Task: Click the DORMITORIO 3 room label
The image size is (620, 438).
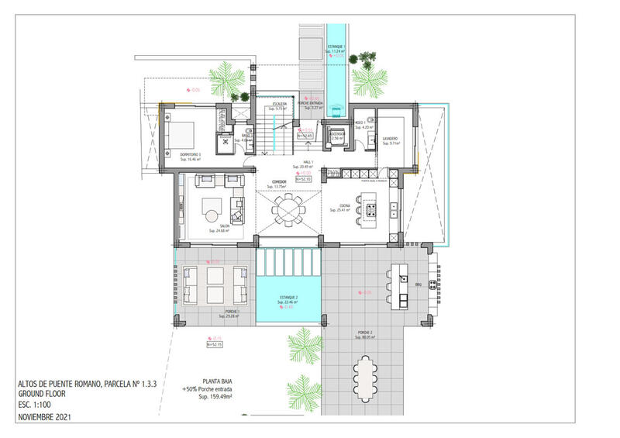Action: [x=190, y=154]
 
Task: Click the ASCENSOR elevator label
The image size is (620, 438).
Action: [x=336, y=133]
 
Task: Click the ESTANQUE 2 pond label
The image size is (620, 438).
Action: [x=288, y=301]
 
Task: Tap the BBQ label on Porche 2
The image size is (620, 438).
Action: [x=419, y=285]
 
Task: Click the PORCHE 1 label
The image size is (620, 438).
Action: [x=231, y=312]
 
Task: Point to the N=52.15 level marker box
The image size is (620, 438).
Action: [x=215, y=344]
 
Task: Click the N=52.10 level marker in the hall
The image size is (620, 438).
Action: [x=303, y=179]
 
